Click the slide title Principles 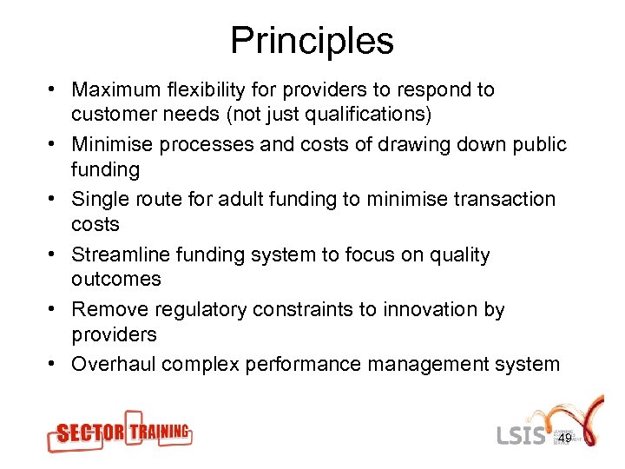pyautogui.click(x=312, y=41)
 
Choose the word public pyautogui.click(x=536, y=145)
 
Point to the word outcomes pyautogui.click(x=116, y=280)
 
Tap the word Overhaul pyautogui.click(x=111, y=364)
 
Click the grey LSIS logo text pyautogui.click(x=522, y=434)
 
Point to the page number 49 pyautogui.click(x=564, y=439)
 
